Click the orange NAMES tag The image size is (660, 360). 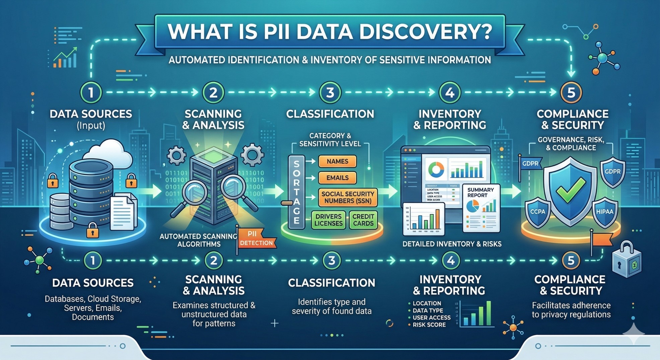pos(337,161)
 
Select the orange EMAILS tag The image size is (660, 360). pos(337,178)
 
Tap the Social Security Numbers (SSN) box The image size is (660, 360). pos(348,197)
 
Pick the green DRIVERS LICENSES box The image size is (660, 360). pos(328,220)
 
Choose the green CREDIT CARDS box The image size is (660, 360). pos(363,220)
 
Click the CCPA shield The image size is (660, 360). pos(537,212)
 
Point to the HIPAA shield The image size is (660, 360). pos(604,212)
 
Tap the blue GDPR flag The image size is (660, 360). pos(530,164)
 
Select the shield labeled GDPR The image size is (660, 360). pos(612,171)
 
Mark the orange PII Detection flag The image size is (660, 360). pos(256,238)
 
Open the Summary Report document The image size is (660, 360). pos(481,208)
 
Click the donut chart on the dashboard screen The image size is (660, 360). pos(436,169)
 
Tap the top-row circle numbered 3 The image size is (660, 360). pos(330,92)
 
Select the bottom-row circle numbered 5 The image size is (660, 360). pos(571,260)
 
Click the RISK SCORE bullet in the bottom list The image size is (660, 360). pos(429,325)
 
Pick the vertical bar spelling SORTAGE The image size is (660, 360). pos(296,192)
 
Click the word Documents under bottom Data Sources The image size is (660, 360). pos(93,317)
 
